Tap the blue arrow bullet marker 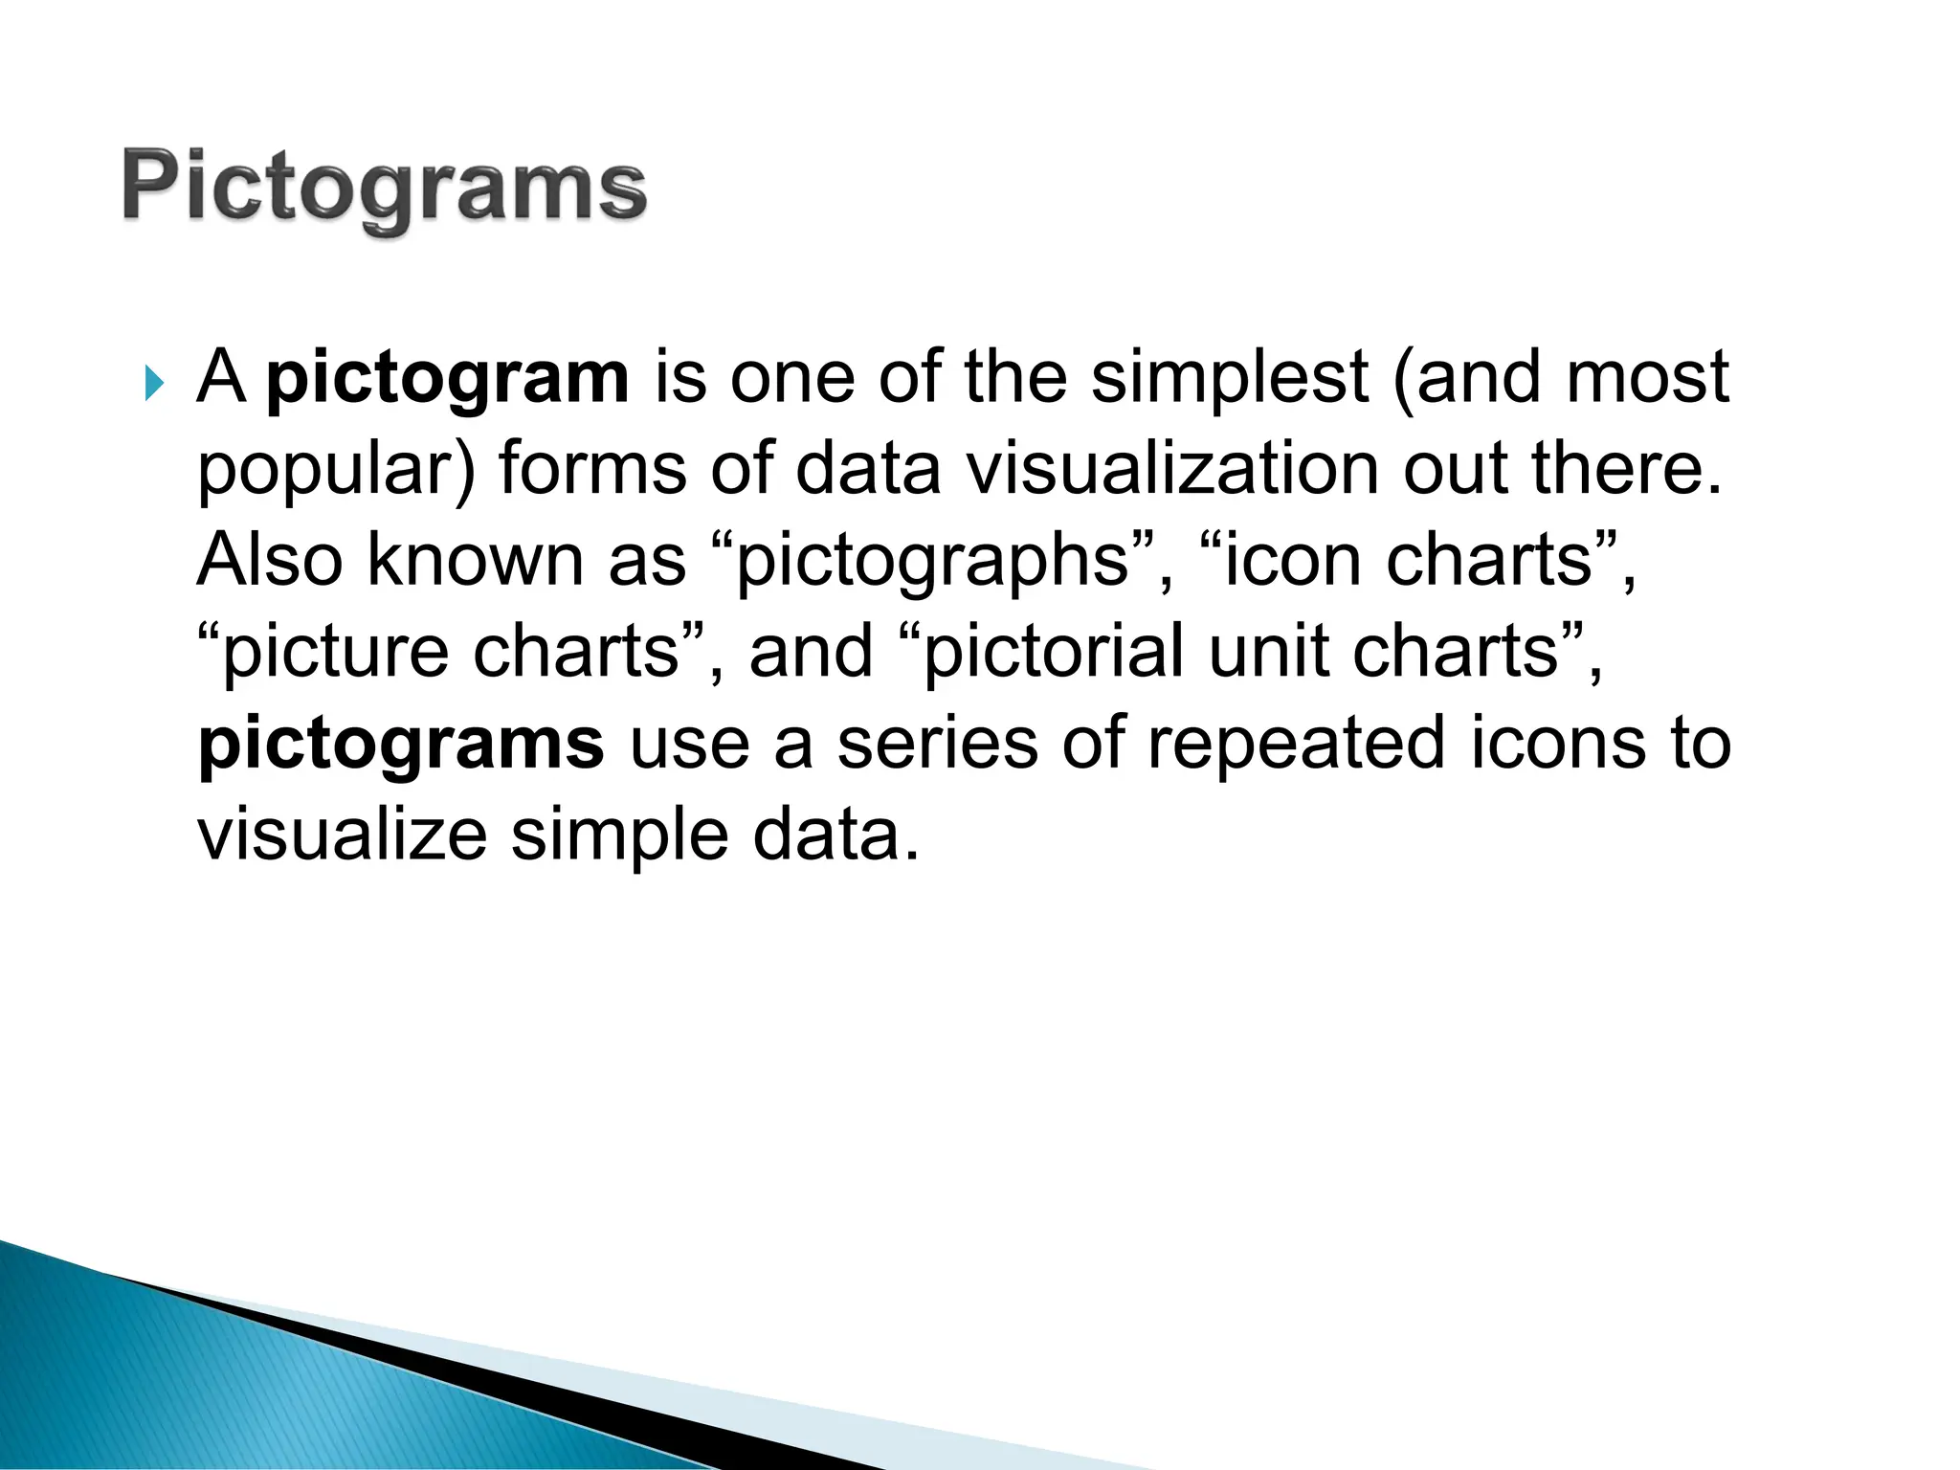(x=153, y=385)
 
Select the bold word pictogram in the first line (x=448, y=379)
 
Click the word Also (x=269, y=560)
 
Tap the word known (x=476, y=560)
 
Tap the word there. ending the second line (x=1626, y=469)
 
